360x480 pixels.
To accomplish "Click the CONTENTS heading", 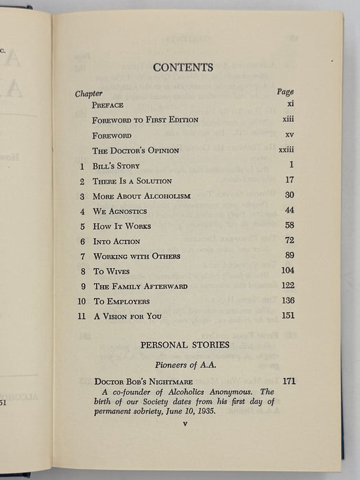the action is (183, 67).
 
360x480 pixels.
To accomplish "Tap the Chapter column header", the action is (88, 93).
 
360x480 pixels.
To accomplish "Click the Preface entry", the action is (108, 105).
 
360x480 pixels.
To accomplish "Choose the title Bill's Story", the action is (117, 166).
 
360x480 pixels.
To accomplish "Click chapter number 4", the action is (82, 211).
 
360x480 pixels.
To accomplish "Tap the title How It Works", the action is (122, 226).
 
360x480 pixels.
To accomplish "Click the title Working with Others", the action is (137, 256).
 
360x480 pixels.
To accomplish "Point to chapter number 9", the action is (82, 287).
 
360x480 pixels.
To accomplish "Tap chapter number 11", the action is (80, 317).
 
